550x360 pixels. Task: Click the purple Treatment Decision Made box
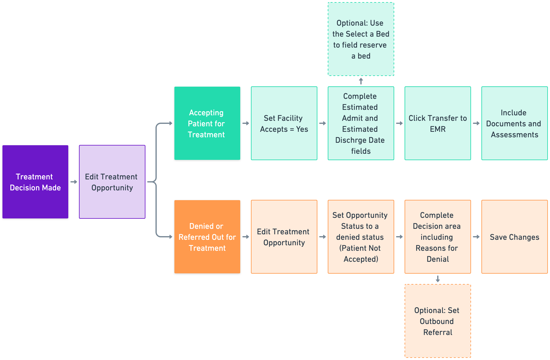35,182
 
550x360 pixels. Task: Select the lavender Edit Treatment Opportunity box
112,182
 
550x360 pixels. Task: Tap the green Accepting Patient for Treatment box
207,123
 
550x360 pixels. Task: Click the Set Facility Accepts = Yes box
284,123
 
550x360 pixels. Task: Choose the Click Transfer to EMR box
438,123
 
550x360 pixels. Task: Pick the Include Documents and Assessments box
515,123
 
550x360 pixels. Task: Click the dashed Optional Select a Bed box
361,39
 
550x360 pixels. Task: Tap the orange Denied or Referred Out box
207,237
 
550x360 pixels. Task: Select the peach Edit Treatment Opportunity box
284,237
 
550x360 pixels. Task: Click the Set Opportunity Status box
361,237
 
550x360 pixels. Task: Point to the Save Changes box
515,237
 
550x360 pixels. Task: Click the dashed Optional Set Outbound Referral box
438,321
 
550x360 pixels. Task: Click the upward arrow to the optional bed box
361,81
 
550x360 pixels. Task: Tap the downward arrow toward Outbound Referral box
438,279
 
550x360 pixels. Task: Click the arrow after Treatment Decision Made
74,182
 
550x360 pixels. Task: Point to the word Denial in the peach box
438,259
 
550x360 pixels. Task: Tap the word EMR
438,129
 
